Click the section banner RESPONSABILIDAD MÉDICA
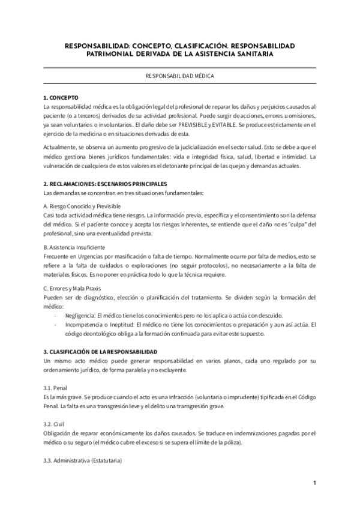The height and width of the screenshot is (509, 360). (x=180, y=76)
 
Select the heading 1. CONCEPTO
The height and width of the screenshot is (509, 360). (x=61, y=97)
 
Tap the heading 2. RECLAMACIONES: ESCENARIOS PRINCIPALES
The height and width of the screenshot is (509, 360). (x=105, y=183)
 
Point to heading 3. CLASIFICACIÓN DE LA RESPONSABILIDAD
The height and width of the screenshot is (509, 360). (x=100, y=351)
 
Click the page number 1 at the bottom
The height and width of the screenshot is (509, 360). (x=314, y=483)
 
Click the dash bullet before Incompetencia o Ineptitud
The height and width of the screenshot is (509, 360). (x=56, y=325)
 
